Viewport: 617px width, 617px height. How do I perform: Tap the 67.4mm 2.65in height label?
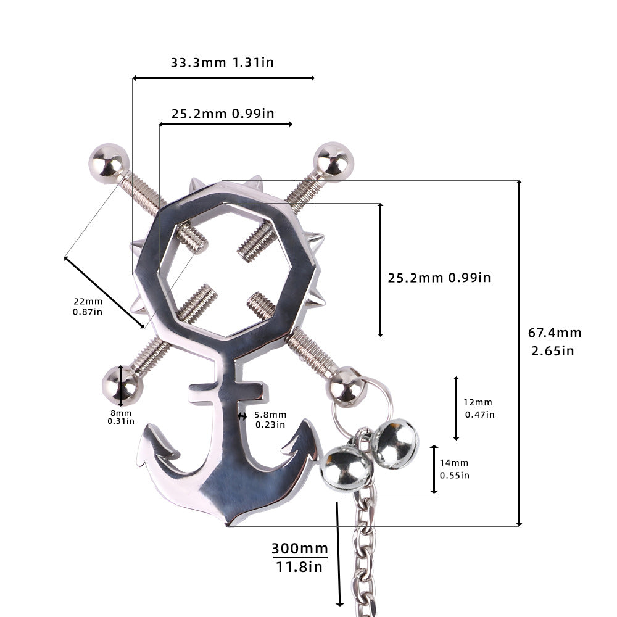[555, 341]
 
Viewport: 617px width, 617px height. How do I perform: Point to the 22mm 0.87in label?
[88, 306]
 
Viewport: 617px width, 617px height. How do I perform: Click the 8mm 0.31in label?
[121, 417]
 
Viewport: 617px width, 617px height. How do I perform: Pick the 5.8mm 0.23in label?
[270, 419]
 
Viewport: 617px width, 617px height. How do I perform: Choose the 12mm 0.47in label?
[479, 408]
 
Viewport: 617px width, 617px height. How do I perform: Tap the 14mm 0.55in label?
[454, 469]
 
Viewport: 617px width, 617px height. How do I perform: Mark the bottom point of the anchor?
[230, 524]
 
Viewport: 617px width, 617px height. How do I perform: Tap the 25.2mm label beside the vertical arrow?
[439, 278]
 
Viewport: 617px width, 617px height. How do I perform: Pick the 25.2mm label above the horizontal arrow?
[223, 114]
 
